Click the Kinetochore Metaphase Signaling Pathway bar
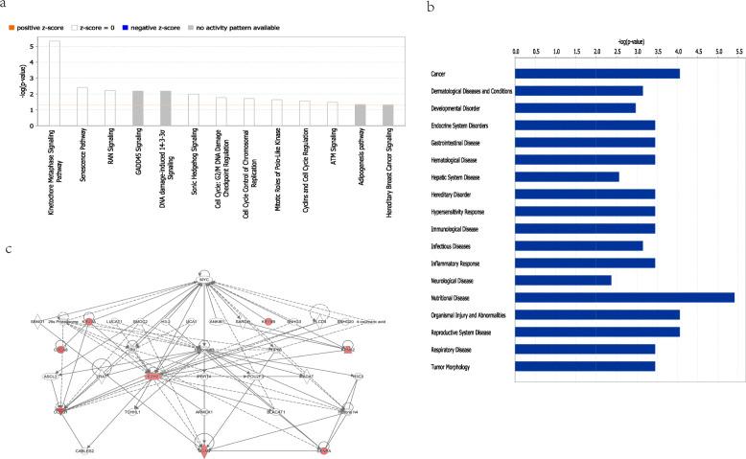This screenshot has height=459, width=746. click(x=55, y=82)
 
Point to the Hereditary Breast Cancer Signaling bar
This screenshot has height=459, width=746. click(x=387, y=114)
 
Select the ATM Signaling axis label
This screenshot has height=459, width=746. click(x=332, y=150)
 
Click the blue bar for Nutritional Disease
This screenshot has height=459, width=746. click(x=624, y=297)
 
